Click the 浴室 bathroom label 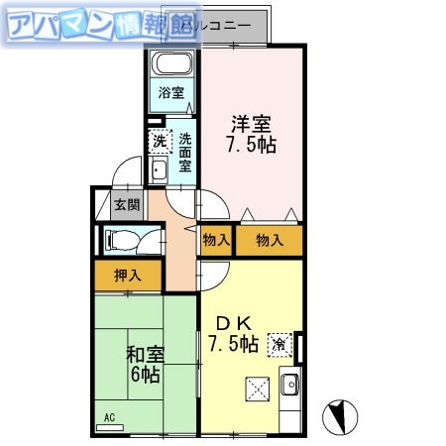point(172,94)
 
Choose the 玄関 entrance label point(126,206)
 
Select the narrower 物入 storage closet point(216,240)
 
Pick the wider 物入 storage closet point(269,240)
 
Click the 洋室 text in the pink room point(254,125)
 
